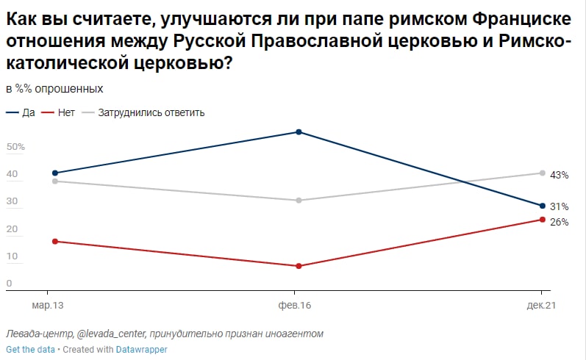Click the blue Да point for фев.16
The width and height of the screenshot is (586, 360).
[x=299, y=132]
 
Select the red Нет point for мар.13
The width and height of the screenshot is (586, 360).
[x=55, y=241]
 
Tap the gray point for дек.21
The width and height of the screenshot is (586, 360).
[x=543, y=173]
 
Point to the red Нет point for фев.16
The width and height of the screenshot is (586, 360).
[x=299, y=266]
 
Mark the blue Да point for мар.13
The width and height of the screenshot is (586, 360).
[x=55, y=173]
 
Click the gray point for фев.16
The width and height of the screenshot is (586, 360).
[x=299, y=201]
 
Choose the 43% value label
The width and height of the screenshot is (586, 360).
[x=560, y=175]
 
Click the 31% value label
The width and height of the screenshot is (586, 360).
[x=560, y=207]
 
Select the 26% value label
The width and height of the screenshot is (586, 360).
[x=560, y=222]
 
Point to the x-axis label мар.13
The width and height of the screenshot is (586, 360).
[x=48, y=304]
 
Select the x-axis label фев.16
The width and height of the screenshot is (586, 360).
[x=295, y=304]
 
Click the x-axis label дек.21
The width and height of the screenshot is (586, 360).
[x=542, y=304]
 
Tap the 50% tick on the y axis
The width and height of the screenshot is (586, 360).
[x=16, y=147]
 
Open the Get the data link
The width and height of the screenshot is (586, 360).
[x=30, y=350]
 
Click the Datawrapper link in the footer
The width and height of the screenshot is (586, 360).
[x=141, y=350]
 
